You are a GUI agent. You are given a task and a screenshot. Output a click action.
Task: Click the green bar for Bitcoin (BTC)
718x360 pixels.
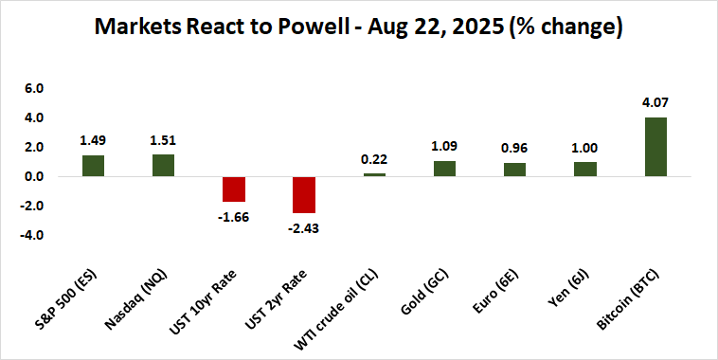tap(655, 147)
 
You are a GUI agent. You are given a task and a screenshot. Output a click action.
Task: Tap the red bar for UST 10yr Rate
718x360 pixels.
tap(233, 189)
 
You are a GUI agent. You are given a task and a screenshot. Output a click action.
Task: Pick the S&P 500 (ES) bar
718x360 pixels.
tap(93, 166)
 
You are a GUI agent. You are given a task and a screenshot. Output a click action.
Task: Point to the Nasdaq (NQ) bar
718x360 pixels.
tap(163, 165)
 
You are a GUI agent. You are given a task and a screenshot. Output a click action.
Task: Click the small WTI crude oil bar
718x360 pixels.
tap(374, 174)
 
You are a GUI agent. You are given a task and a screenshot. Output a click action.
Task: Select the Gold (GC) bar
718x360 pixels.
tap(444, 169)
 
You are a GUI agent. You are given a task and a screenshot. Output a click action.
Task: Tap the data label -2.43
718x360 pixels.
tap(303, 228)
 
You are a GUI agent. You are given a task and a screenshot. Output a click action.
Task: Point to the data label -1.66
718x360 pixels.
tap(233, 217)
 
